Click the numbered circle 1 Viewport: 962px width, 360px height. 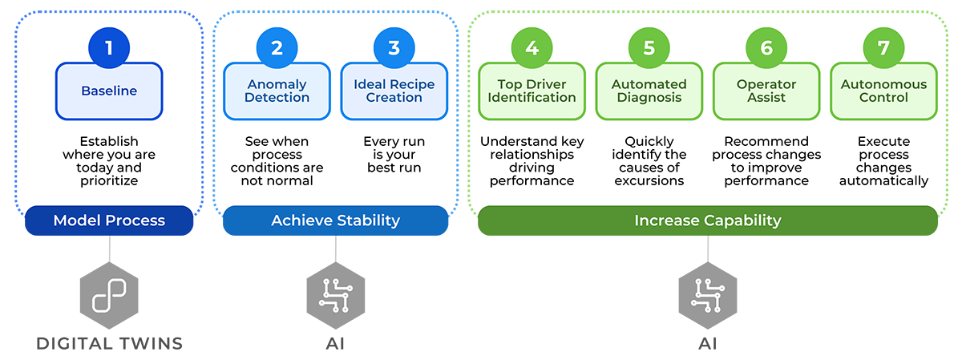[x=109, y=47]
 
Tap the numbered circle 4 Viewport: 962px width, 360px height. [x=532, y=47]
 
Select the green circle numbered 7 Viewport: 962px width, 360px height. [x=883, y=47]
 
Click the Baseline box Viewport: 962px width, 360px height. [x=109, y=91]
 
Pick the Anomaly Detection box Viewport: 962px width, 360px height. [x=277, y=91]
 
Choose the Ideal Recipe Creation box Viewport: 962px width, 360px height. [x=394, y=91]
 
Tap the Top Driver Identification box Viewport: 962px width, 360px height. [x=532, y=91]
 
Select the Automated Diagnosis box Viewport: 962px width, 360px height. [x=649, y=91]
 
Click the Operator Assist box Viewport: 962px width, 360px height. [x=766, y=91]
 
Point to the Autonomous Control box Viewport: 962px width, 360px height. [x=883, y=91]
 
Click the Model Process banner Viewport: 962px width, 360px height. [x=109, y=220]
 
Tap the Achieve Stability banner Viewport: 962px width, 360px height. [x=335, y=220]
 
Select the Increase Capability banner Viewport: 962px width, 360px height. [x=707, y=220]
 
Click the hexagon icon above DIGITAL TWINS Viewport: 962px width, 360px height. [x=109, y=296]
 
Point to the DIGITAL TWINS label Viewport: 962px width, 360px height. [x=109, y=344]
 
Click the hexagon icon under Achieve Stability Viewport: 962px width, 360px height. [x=335, y=296]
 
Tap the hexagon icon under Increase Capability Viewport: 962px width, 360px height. [x=707, y=296]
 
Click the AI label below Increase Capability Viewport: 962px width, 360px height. [x=707, y=344]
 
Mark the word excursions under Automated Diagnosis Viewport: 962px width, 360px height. [x=649, y=180]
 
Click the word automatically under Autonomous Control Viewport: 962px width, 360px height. [x=883, y=180]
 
